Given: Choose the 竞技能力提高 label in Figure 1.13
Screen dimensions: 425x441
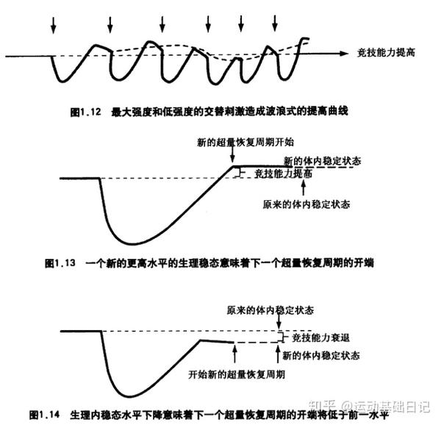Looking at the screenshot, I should pyautogui.click(x=284, y=174).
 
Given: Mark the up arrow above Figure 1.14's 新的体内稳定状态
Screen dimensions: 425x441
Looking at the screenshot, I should pyautogui.click(x=282, y=351).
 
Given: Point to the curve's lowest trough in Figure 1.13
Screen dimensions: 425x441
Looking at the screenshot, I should pyautogui.click(x=135, y=243).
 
